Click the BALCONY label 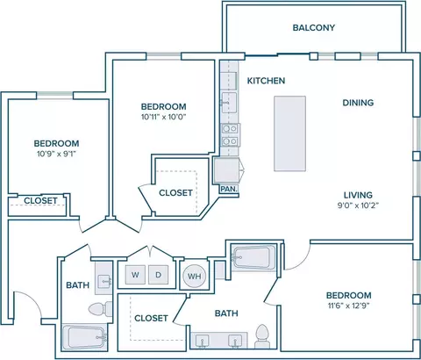(314, 27)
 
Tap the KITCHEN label (266, 81)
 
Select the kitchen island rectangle (289, 133)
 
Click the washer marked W (135, 275)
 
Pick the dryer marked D (158, 275)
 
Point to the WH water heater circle (194, 276)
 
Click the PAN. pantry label (229, 189)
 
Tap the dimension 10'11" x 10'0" (164, 117)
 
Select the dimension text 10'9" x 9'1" (56, 154)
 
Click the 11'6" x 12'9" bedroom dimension (349, 306)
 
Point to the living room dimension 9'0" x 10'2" (358, 205)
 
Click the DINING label (358, 103)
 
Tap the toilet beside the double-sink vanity (261, 336)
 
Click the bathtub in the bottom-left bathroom (84, 337)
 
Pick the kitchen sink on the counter (229, 103)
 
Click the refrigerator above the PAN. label (228, 170)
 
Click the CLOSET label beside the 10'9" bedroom (40, 200)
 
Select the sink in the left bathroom (103, 282)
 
